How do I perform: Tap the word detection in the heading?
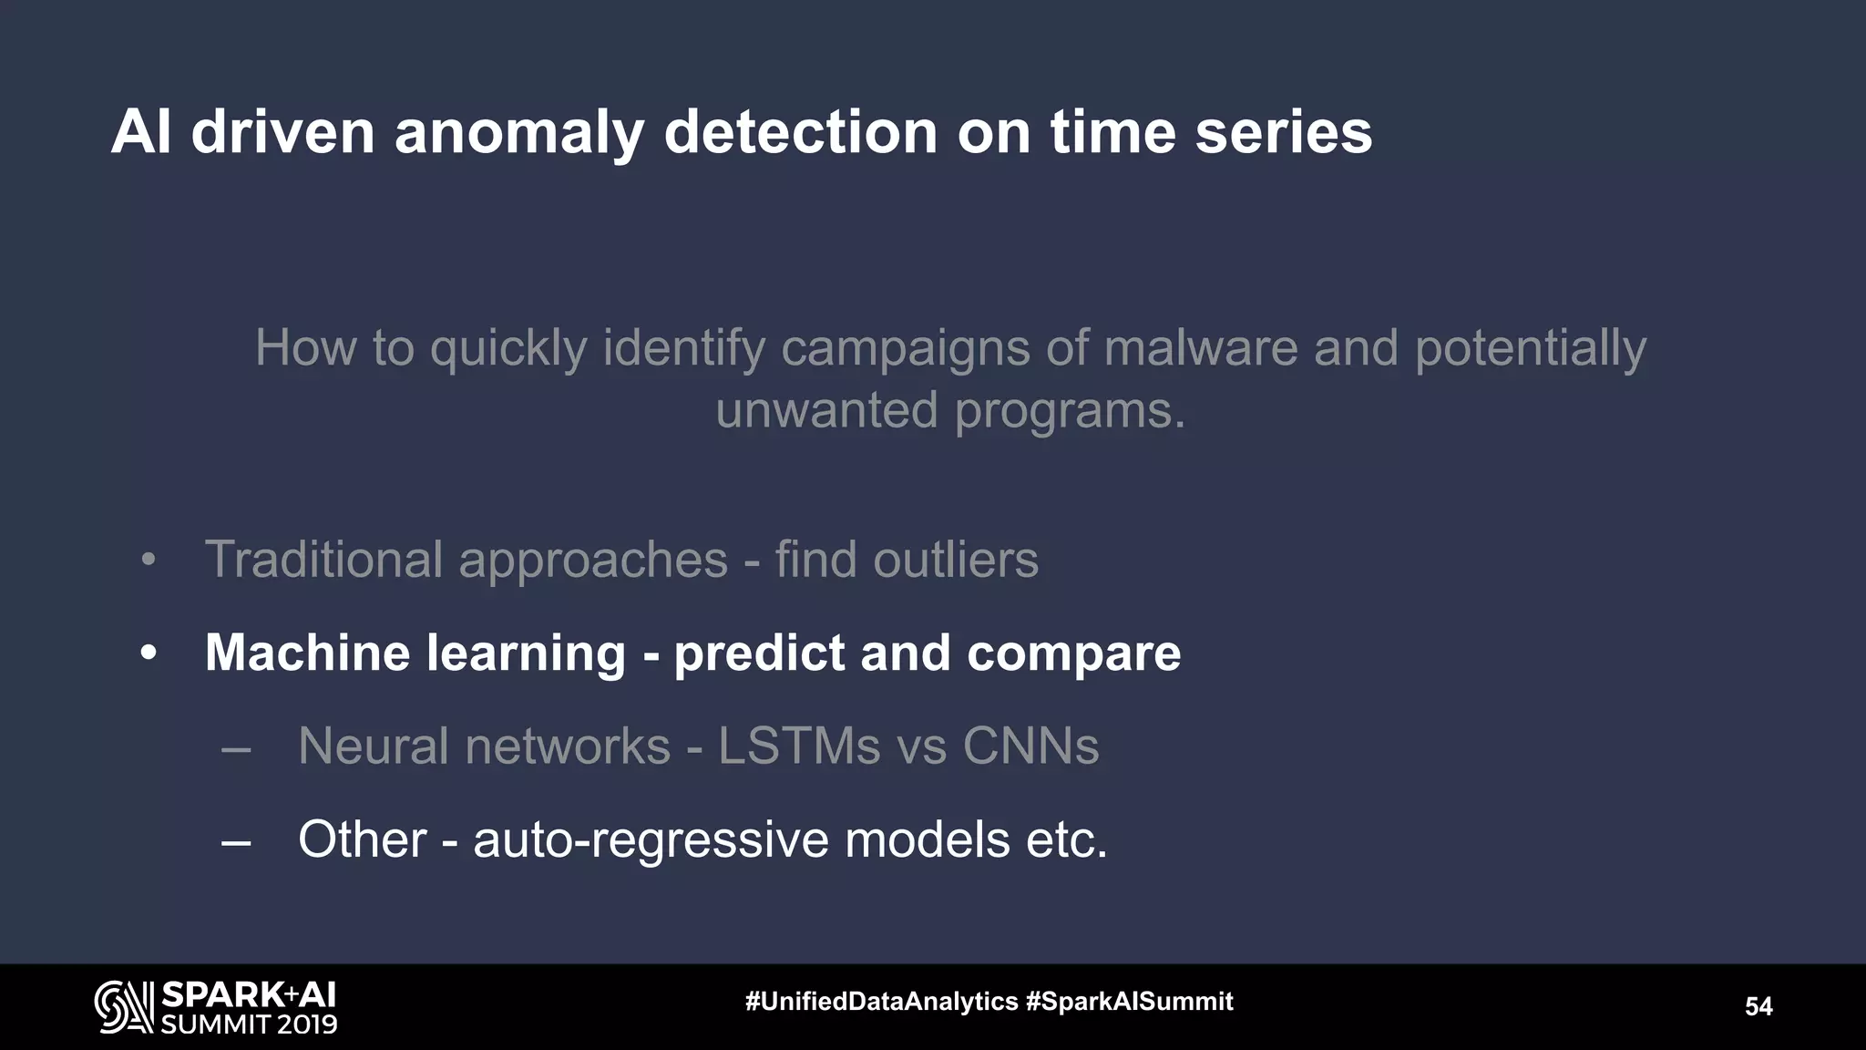click(801, 132)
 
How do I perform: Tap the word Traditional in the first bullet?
click(323, 559)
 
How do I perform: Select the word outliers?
click(955, 559)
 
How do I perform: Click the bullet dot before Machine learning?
click(149, 654)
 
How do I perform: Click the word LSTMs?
click(799, 746)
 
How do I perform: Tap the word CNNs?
click(1030, 746)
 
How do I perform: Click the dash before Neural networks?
click(236, 749)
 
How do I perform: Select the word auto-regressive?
click(651, 839)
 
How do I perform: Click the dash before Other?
click(236, 842)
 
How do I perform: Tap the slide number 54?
click(1758, 1006)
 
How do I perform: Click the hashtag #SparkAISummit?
click(1129, 1002)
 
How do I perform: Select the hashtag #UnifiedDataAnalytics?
click(881, 1002)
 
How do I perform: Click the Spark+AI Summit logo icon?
click(123, 1007)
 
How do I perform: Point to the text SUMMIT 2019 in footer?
click(249, 1024)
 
